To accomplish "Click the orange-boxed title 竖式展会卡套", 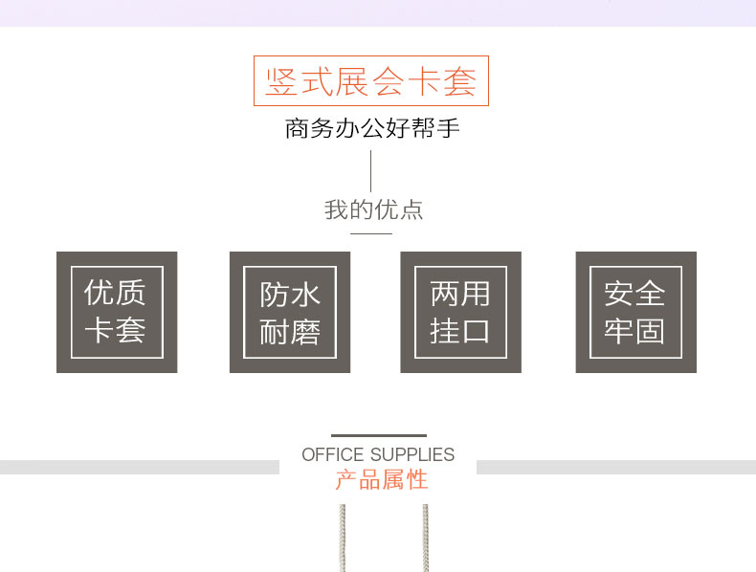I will pos(371,81).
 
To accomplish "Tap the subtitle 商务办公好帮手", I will pos(372,128).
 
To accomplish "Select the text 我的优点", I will pos(373,209).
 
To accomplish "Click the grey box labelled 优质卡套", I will pos(117,312).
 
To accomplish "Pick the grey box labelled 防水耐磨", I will pos(290,312).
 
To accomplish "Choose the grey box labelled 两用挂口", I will pos(460,312).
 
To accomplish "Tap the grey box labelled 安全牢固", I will pos(635,312).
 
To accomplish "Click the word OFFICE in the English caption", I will pos(333,455).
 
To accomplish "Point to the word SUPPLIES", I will pos(412,455).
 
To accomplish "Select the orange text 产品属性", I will pos(381,479).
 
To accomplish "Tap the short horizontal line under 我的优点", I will pos(371,233).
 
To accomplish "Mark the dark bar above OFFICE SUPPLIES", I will pos(379,436).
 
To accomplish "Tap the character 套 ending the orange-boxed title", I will pos(459,81).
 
